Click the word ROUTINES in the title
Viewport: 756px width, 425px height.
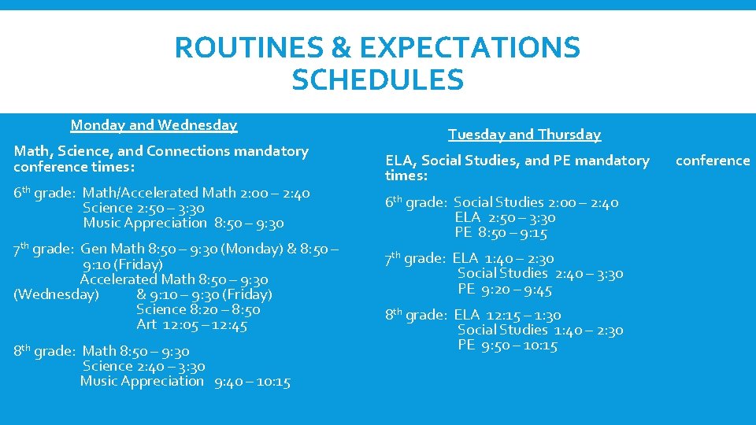coord(249,48)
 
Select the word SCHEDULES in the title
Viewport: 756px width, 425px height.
coord(377,80)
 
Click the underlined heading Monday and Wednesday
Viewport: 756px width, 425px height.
coord(154,125)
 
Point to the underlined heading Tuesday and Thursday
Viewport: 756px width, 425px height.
coord(524,135)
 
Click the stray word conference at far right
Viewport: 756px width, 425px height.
coord(713,161)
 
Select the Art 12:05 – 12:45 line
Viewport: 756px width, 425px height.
coord(191,325)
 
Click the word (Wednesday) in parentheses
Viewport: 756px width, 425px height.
coord(57,295)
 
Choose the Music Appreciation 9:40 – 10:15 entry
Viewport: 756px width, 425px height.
coord(185,382)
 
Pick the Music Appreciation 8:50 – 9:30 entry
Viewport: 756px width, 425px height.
coord(183,224)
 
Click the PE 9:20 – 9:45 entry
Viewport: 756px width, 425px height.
coord(505,290)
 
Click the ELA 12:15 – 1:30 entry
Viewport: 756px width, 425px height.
coord(507,315)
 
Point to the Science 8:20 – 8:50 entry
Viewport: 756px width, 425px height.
coord(198,310)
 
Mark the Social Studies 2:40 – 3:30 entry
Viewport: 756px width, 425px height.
coord(540,274)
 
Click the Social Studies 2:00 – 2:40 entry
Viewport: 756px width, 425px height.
coord(535,202)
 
